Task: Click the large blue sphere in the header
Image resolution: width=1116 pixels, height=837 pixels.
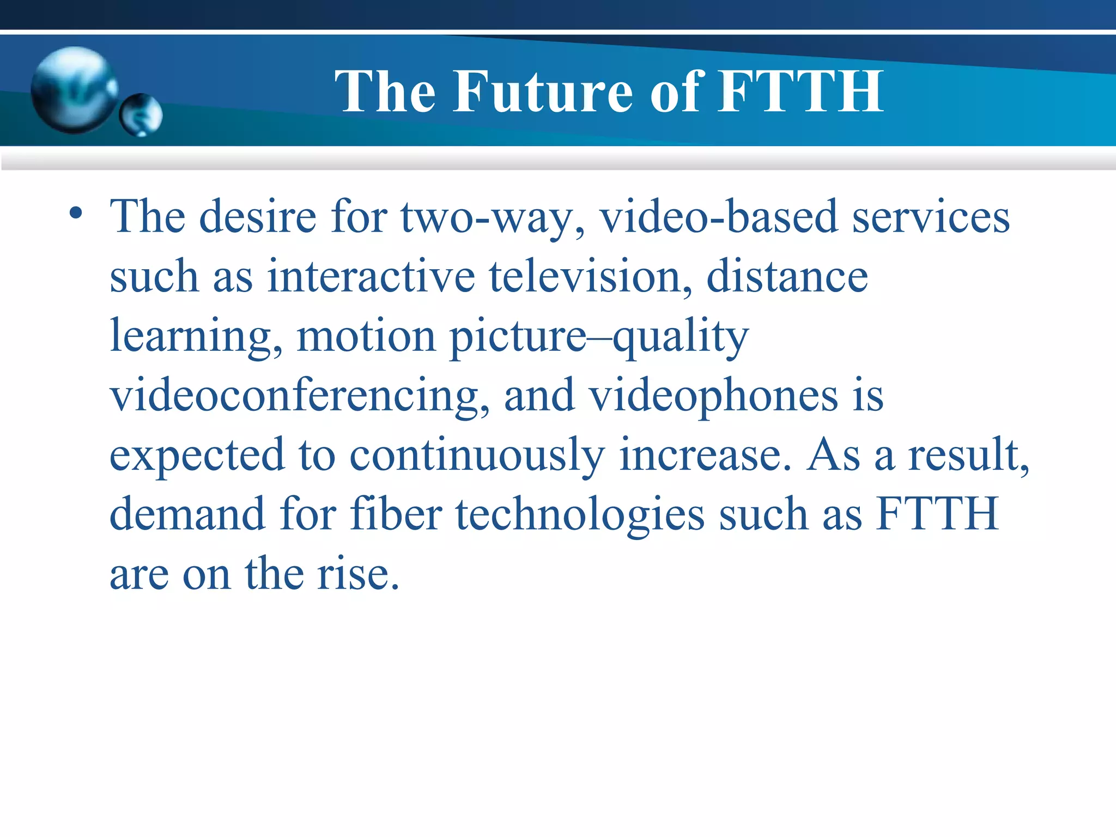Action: coord(74,90)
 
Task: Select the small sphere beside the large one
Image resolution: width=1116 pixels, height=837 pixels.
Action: coord(141,115)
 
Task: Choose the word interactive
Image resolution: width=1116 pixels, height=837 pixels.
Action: coord(371,276)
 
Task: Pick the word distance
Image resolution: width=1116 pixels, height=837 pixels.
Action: coord(787,276)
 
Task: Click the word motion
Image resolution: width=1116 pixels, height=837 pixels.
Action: coord(366,336)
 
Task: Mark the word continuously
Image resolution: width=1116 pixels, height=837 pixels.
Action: coord(477,456)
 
